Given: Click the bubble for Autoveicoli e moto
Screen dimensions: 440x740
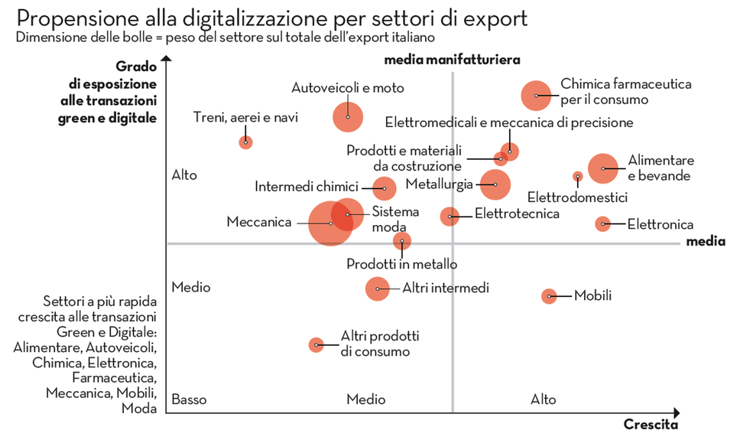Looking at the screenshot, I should (x=348, y=116).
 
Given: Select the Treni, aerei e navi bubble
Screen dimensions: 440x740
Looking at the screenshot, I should (x=245, y=142).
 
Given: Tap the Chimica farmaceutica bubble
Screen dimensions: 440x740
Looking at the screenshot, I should (x=537, y=95).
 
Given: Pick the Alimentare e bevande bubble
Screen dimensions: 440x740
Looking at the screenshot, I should (x=603, y=168).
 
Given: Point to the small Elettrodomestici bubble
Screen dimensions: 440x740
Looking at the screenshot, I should (x=578, y=176).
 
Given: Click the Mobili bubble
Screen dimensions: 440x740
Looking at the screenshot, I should (x=549, y=296).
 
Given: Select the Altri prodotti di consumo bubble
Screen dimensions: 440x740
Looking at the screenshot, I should (x=316, y=345).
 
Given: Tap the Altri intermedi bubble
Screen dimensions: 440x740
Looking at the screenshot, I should (x=377, y=288).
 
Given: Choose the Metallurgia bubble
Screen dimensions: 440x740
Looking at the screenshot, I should (x=495, y=184).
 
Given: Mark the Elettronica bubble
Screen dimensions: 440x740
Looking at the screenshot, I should (x=603, y=223).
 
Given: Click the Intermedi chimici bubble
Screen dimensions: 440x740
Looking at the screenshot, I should (x=384, y=187).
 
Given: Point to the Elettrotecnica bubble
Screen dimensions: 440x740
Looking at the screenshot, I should (x=450, y=216).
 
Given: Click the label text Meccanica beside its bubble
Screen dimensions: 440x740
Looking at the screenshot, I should (x=259, y=222).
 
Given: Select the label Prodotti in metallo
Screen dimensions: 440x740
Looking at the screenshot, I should (x=401, y=264).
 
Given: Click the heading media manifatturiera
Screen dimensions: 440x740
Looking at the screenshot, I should (x=452, y=59).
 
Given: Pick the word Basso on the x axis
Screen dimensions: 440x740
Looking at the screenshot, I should (x=189, y=399).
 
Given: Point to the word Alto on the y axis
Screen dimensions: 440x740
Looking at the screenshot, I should (x=184, y=175).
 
